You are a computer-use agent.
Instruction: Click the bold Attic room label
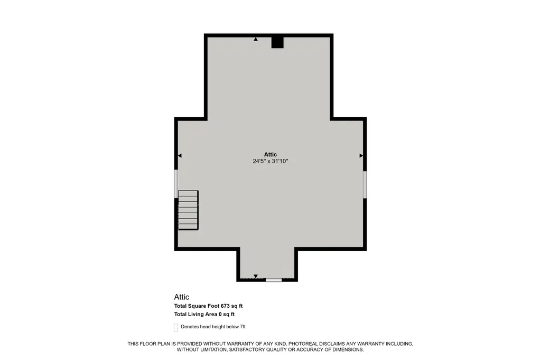(270, 155)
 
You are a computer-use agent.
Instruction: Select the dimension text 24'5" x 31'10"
(270, 161)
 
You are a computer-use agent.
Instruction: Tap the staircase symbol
(188, 210)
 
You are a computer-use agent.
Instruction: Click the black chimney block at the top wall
(277, 42)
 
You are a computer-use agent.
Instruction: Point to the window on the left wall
(176, 184)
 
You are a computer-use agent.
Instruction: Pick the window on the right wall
(365, 184)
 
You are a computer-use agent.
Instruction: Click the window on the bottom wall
(274, 280)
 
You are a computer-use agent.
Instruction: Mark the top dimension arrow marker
(256, 39)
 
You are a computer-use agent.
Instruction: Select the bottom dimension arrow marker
(256, 276)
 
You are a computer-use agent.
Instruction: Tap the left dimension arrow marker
(180, 156)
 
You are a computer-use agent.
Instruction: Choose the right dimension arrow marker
(361, 156)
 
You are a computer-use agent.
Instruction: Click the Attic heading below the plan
(182, 297)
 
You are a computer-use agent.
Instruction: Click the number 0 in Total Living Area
(220, 314)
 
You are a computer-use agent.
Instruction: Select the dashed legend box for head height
(176, 328)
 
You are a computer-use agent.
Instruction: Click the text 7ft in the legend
(242, 327)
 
